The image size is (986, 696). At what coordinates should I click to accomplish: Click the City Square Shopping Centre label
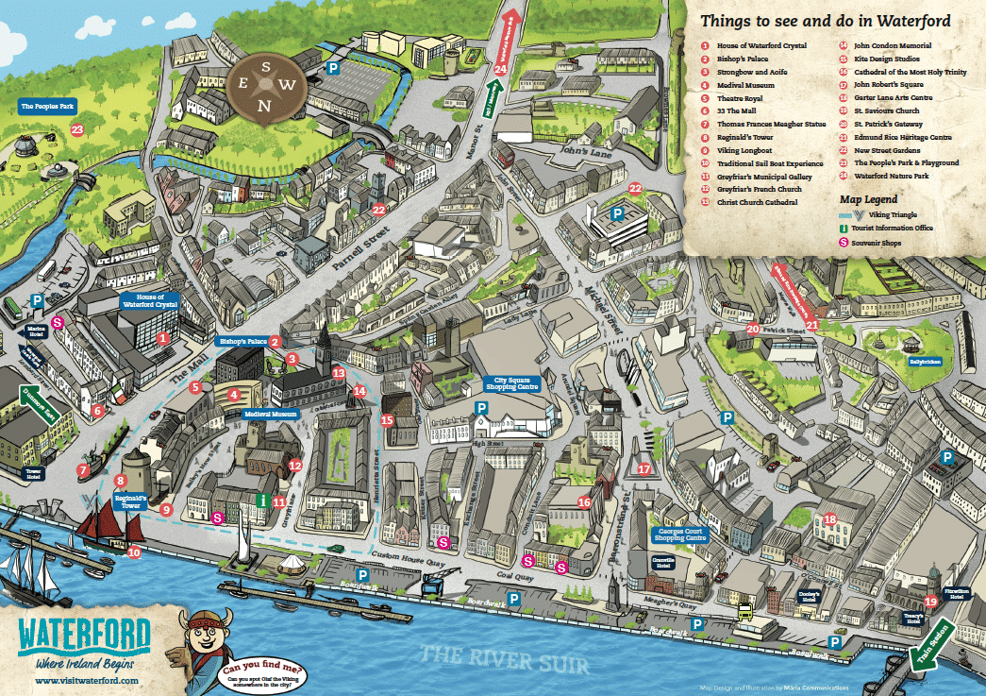click(x=510, y=382)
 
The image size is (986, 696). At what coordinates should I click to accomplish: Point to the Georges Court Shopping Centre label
click(x=678, y=536)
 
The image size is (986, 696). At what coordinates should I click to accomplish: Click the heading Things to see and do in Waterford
click(x=825, y=21)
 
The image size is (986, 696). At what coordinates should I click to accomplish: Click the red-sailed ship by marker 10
click(x=105, y=526)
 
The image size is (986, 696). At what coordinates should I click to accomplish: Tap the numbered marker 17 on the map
click(x=644, y=468)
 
